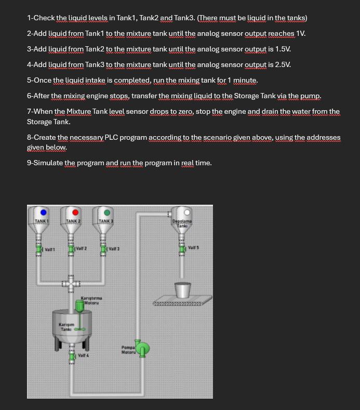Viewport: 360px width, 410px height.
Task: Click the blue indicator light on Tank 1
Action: pyautogui.click(x=44, y=212)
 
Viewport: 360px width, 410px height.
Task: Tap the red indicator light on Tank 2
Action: pyautogui.click(x=75, y=212)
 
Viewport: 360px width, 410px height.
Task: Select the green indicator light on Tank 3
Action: pyautogui.click(x=107, y=212)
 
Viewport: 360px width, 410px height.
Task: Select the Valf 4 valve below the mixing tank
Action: pyautogui.click(x=72, y=356)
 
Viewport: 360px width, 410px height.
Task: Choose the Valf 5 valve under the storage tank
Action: pyautogui.click(x=182, y=249)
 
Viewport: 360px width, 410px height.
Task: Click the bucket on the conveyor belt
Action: pyautogui.click(x=182, y=290)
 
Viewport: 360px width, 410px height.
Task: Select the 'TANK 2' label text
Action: pyautogui.click(x=72, y=221)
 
